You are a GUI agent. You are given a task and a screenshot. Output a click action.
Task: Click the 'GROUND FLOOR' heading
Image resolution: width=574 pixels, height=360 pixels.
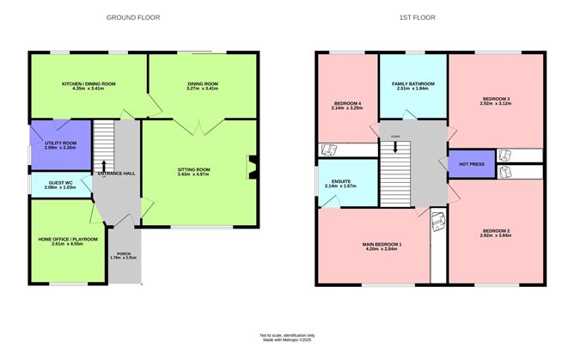[132, 17]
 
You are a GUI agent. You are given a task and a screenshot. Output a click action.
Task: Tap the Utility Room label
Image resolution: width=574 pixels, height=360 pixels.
[61, 143]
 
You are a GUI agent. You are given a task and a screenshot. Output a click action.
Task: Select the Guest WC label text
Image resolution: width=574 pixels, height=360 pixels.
[61, 183]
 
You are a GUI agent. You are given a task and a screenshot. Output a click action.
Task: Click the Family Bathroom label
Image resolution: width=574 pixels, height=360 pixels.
[414, 83]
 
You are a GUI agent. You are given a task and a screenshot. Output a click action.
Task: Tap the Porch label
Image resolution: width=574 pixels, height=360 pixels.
[123, 254]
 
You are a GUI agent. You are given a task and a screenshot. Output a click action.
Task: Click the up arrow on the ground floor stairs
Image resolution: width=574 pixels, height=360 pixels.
[103, 165]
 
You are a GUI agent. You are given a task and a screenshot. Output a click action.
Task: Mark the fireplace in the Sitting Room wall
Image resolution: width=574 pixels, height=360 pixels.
[250, 167]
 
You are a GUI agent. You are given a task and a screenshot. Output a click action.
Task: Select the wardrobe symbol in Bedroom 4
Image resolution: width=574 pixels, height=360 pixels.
[329, 149]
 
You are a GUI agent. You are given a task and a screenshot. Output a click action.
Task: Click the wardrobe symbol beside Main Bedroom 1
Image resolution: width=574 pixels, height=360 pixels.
[438, 221]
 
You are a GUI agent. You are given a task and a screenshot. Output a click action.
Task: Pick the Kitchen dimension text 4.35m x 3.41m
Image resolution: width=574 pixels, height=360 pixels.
[89, 88]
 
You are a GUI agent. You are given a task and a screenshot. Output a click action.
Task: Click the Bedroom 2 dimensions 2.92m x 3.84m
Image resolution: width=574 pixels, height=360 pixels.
[496, 235]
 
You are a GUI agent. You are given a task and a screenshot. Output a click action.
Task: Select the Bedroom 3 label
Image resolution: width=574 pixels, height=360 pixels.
[496, 99]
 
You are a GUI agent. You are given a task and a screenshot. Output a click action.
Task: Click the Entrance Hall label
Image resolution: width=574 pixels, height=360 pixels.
[116, 174]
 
